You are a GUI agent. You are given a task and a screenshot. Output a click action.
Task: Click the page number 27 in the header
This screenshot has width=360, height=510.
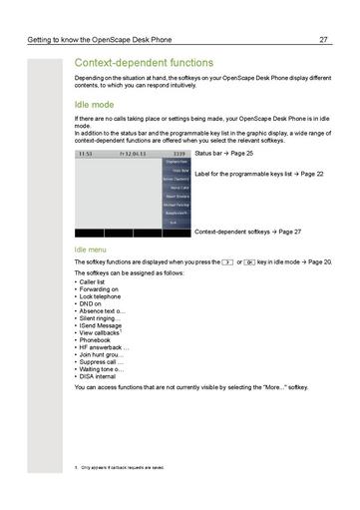pos(324,40)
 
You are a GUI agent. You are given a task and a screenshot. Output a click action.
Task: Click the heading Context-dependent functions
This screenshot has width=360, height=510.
pos(151,63)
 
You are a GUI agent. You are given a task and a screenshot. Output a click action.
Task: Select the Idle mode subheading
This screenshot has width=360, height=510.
pos(98,103)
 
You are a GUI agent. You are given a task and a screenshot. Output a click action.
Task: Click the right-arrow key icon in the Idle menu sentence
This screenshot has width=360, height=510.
pos(227,260)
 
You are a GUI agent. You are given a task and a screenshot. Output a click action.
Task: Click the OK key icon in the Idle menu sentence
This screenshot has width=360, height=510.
pos(250,260)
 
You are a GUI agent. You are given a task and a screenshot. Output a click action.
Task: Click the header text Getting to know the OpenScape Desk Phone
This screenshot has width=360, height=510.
pos(102,40)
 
